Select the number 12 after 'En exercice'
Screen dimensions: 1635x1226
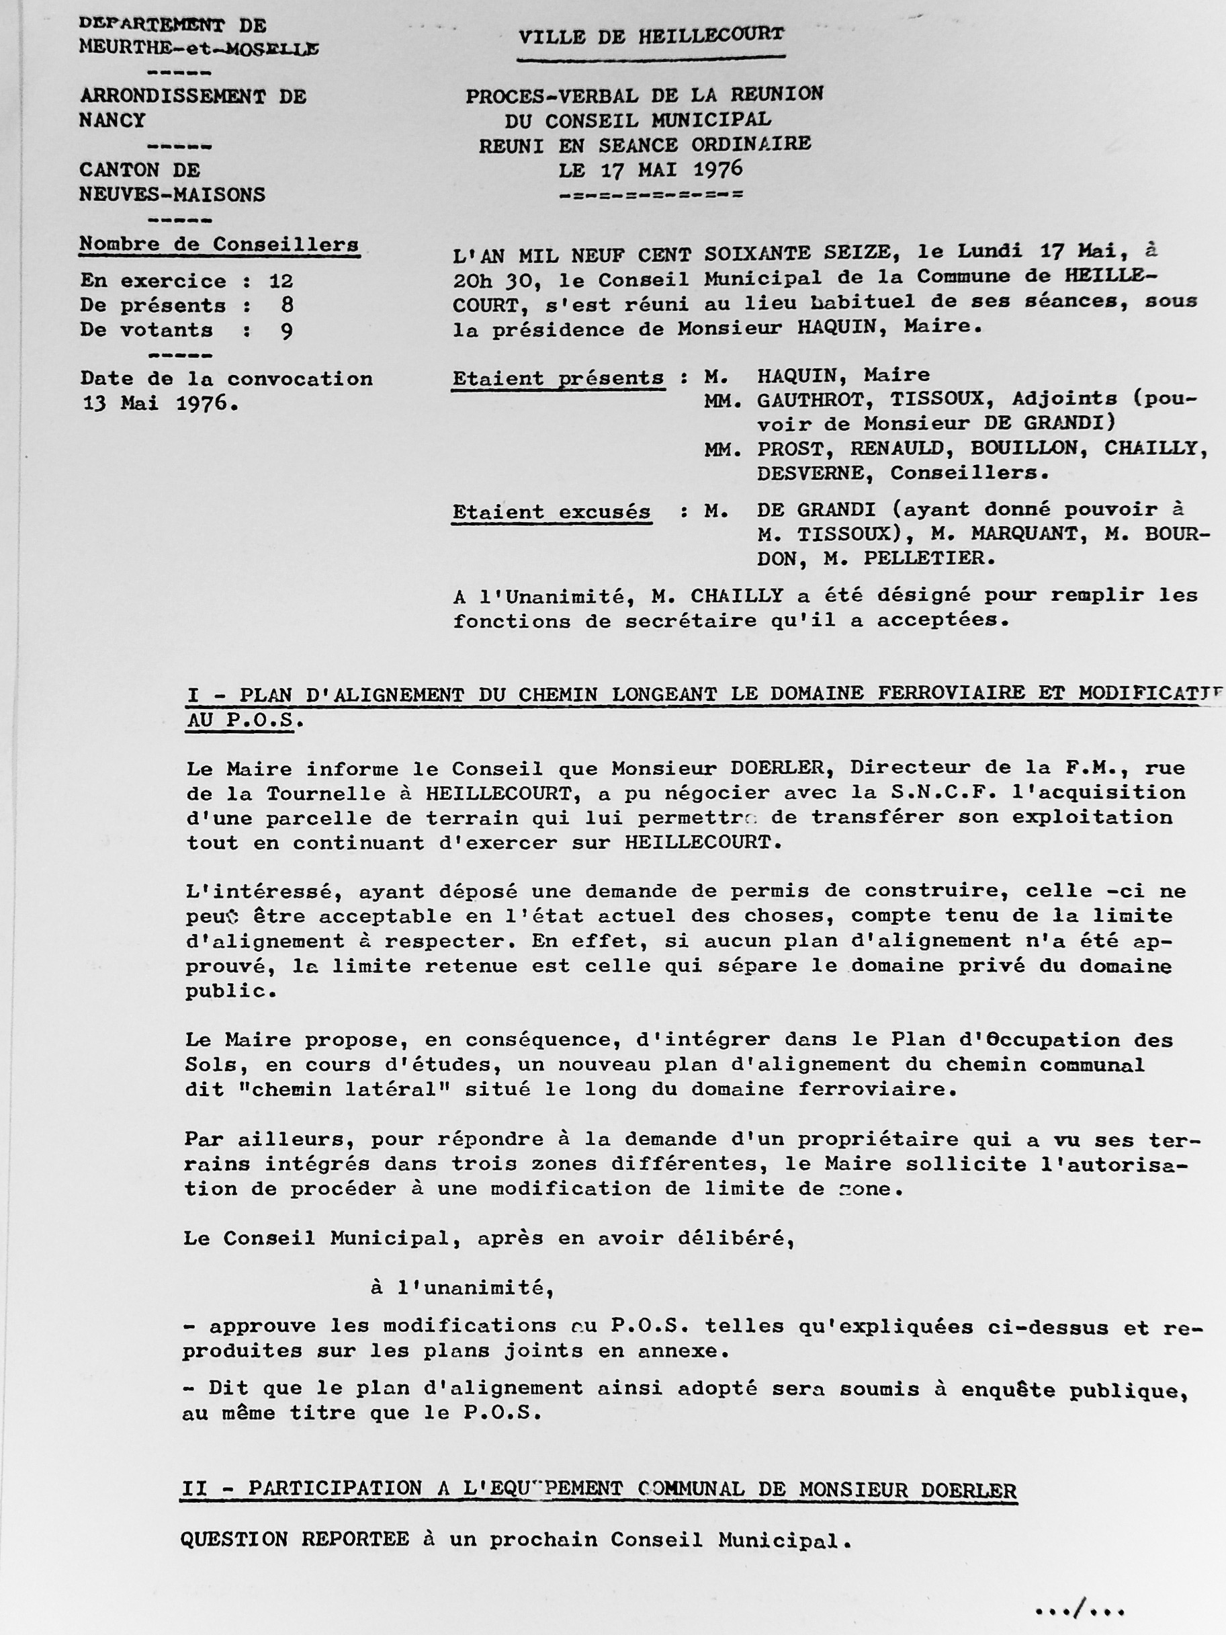[x=281, y=281]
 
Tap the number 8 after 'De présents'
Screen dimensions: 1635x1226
[x=287, y=305]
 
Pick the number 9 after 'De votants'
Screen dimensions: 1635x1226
[x=287, y=331]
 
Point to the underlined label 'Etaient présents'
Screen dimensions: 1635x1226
[x=558, y=378]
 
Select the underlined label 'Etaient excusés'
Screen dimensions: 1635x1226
[x=552, y=511]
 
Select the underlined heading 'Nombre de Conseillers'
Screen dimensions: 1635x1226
[x=219, y=245]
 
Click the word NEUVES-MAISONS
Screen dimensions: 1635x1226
[x=172, y=194]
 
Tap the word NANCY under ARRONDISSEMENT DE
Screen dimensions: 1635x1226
[x=112, y=120]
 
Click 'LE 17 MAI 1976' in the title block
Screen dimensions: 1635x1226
[x=650, y=170]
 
